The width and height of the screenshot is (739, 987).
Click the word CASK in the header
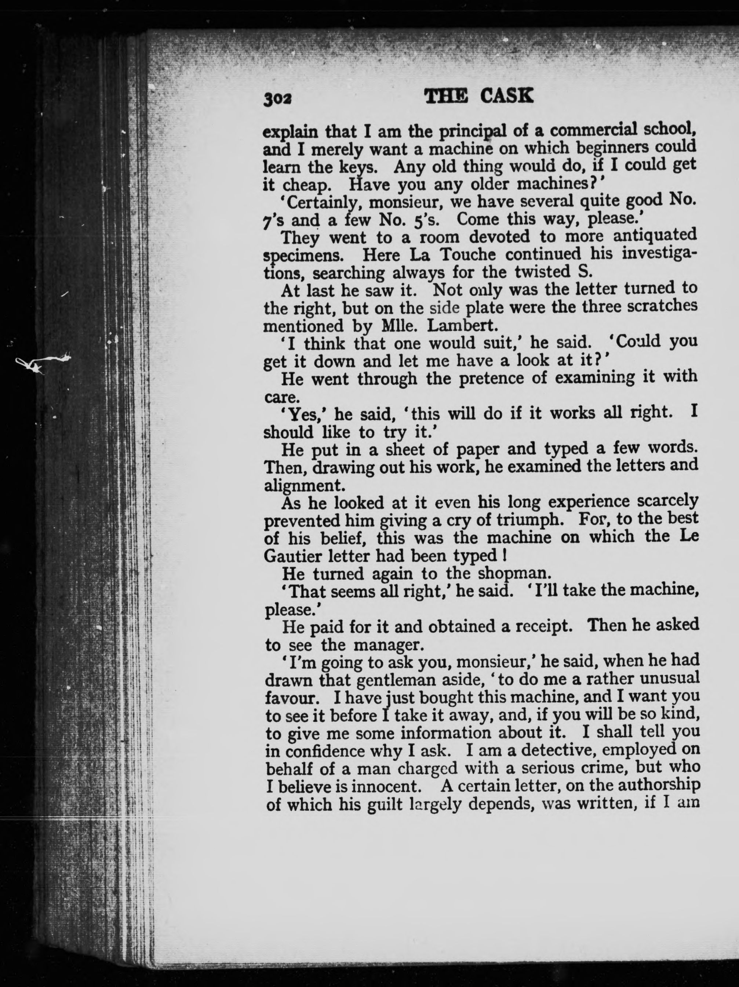tap(506, 96)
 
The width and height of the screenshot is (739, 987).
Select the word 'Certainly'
tap(321, 203)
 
